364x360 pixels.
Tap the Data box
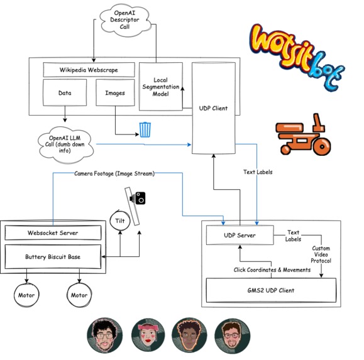[64, 92]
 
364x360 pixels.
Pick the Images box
[115, 92]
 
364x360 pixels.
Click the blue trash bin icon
[145, 129]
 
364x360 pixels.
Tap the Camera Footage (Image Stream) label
[114, 173]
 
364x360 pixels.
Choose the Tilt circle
[119, 220]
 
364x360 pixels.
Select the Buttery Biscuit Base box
[53, 257]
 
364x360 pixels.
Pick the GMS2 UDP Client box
[271, 290]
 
